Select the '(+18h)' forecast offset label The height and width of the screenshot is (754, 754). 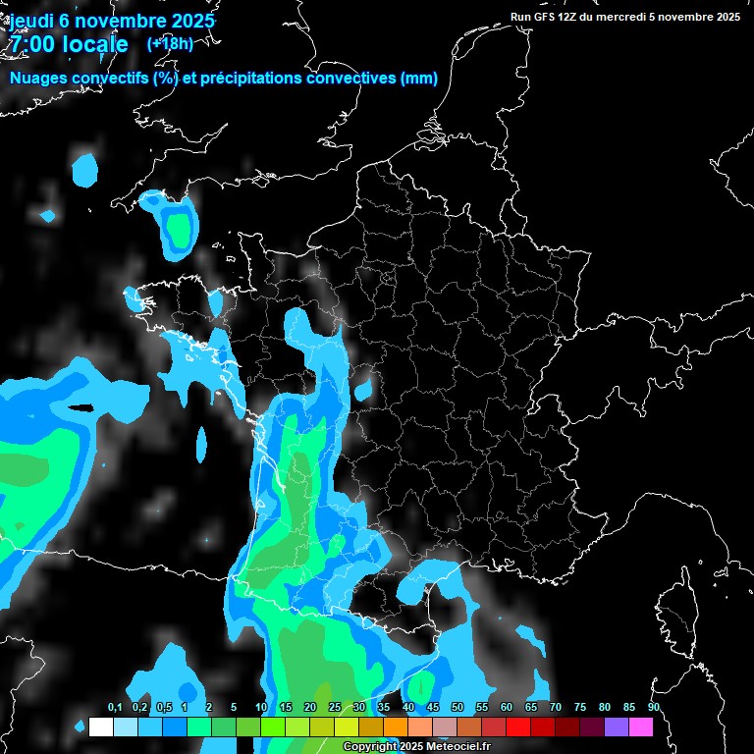(169, 43)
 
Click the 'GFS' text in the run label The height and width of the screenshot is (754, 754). (546, 17)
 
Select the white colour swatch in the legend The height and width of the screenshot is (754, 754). (100, 727)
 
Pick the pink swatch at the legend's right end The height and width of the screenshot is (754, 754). (640, 727)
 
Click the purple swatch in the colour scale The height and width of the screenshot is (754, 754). (616, 727)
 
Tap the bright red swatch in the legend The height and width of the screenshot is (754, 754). (517, 727)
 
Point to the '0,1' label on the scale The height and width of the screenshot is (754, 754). (115, 708)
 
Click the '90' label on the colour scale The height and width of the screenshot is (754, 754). (653, 708)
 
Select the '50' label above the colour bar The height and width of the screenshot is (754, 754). (457, 708)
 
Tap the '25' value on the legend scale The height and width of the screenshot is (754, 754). (334, 708)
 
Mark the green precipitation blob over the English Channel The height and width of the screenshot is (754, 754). (178, 230)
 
